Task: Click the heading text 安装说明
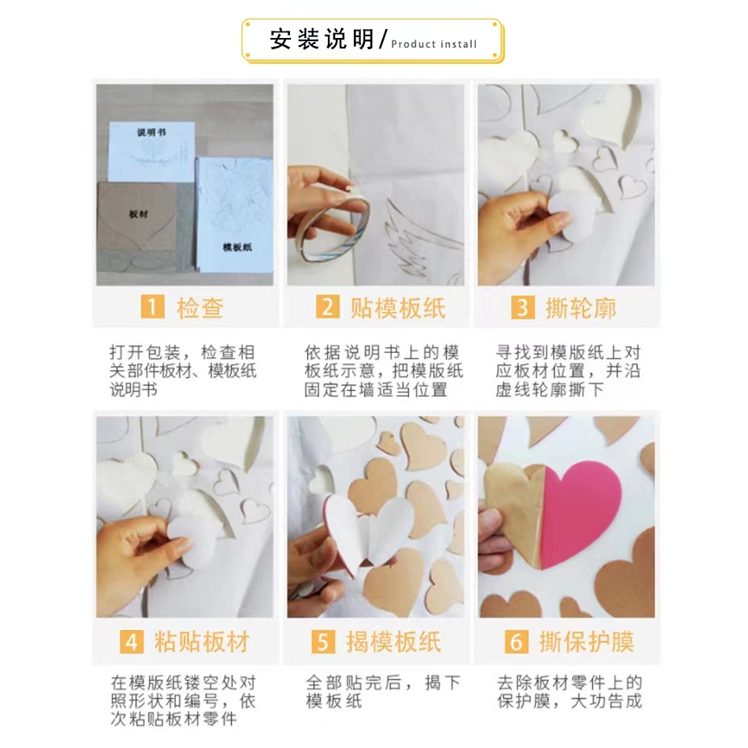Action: coord(322,39)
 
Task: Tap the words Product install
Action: coord(434,44)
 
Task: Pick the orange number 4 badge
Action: coord(132,641)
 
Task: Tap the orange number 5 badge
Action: coord(323,641)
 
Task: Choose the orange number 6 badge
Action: coord(517,641)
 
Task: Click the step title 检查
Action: coord(200,308)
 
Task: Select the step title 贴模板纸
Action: coord(398,308)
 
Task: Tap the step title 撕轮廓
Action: coord(581,308)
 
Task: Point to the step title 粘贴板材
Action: coord(202,642)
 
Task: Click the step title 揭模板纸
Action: coord(393,642)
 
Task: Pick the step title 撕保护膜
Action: coord(586,642)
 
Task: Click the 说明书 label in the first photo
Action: coord(151,132)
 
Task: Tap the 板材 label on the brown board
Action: coord(138,214)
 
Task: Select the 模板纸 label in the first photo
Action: coord(237,246)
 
